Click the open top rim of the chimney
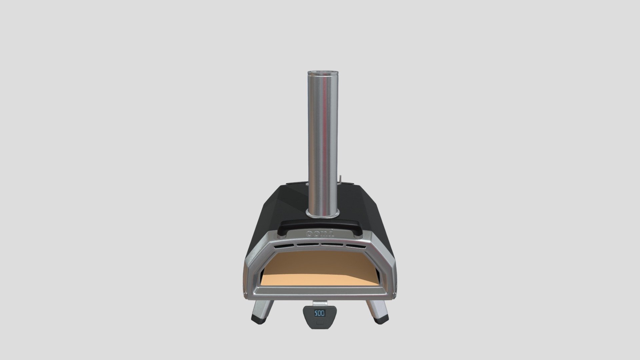coord(322,72)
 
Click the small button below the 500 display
coord(320,323)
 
